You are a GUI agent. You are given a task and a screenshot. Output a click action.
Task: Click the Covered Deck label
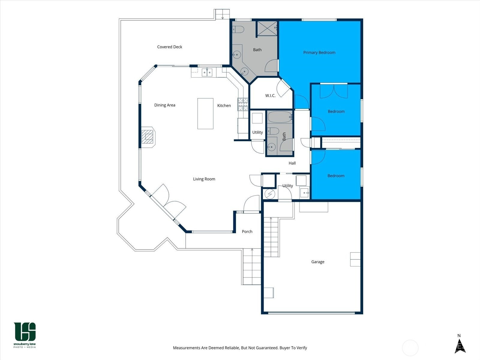[x=169, y=47]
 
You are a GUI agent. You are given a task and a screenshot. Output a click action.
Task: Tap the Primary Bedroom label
[x=319, y=52]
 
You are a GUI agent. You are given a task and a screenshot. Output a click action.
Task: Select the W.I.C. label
[x=270, y=95]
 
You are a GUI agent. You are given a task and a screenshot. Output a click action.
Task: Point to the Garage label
[x=317, y=262]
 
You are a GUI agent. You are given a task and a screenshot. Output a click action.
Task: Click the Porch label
[x=247, y=232]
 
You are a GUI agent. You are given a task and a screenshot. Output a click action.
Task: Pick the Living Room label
[x=204, y=179]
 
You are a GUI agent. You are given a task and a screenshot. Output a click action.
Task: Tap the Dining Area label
[x=165, y=105]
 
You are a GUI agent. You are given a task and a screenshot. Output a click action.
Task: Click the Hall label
[x=292, y=163]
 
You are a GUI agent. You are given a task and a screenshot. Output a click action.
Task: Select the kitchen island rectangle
[x=205, y=114]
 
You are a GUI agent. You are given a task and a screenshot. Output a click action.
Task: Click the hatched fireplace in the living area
[x=147, y=137]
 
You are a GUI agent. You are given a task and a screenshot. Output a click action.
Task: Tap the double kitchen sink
[x=207, y=72]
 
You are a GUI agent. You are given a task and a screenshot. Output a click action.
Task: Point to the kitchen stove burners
[x=243, y=104]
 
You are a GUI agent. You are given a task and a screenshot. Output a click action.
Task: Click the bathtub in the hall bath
[x=280, y=117]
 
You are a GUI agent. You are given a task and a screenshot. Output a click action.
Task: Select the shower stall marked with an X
[x=267, y=28]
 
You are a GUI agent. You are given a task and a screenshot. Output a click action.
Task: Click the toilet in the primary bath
[x=238, y=29]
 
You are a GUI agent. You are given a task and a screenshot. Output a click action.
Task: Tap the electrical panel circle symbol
[x=270, y=194]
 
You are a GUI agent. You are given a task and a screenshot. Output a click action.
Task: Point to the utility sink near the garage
[x=304, y=193]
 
